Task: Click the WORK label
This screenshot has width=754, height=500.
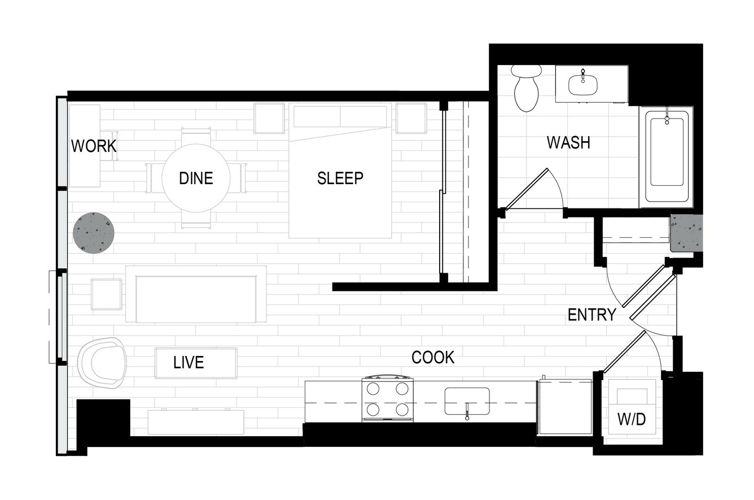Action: point(94,146)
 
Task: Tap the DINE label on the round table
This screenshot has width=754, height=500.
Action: point(196,178)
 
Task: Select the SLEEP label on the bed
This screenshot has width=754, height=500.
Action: point(340,178)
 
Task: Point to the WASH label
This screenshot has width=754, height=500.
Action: point(568,142)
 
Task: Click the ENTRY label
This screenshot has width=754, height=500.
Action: point(592,315)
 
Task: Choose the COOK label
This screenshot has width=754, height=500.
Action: point(433,357)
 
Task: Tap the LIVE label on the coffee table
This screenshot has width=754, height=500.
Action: point(188,363)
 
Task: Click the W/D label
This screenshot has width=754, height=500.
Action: point(632,419)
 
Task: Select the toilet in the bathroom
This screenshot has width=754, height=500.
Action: point(526,88)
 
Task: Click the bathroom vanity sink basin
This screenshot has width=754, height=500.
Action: point(583,85)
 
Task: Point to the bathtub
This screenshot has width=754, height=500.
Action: point(666,156)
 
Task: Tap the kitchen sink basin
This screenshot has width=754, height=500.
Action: point(467,401)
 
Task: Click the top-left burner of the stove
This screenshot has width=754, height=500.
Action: point(373,389)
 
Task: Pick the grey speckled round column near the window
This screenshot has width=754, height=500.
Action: point(94,232)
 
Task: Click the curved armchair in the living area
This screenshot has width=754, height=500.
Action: point(102,363)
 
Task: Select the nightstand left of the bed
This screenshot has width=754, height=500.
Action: point(269,118)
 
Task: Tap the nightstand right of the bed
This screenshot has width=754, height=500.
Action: point(411,118)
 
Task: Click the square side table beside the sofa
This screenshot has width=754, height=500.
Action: point(106,294)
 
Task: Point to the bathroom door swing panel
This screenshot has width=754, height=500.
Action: point(526,189)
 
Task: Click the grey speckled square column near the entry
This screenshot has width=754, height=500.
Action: point(687,233)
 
